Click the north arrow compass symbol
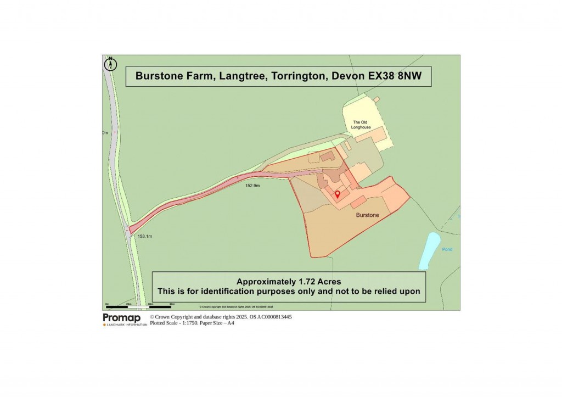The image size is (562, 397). pos(110,64)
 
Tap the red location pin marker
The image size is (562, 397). pos(338,194)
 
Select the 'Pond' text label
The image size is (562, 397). pos(447,249)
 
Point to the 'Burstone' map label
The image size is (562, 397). pos(367,216)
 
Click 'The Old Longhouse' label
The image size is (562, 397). pos(362,125)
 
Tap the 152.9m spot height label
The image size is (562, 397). pos(252,186)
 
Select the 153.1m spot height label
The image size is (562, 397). pos(144,236)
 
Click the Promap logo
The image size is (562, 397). pos(122,318)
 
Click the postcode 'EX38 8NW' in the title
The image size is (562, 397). pos(395,76)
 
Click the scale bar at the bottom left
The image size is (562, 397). pos(140,306)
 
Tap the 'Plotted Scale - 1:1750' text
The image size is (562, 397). pos(173,323)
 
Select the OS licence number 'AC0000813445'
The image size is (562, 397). pos(271,317)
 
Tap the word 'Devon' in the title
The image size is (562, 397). pos(348,76)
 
